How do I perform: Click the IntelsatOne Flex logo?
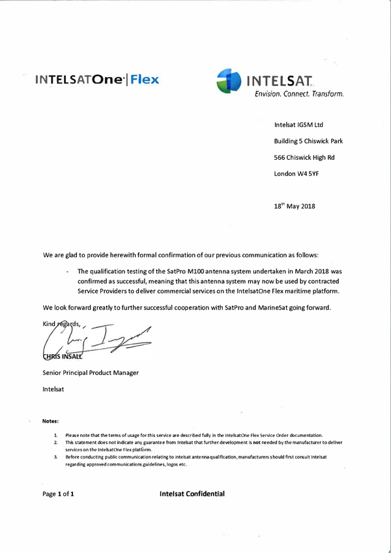pyautogui.click(x=97, y=82)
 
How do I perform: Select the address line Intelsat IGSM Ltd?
pyautogui.click(x=299, y=125)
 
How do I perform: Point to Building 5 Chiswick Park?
pyautogui.click(x=308, y=142)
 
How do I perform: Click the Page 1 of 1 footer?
pyautogui.click(x=58, y=494)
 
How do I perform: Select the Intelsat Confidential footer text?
pyautogui.click(x=192, y=494)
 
